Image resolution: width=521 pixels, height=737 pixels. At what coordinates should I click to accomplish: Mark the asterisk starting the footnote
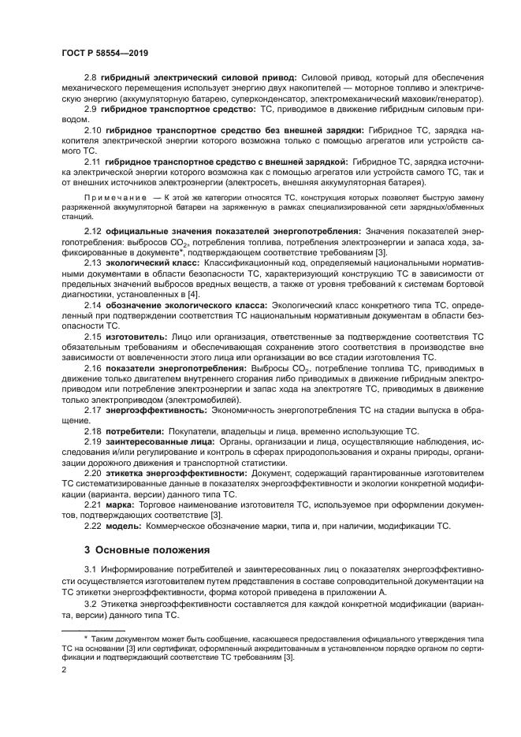[87, 635]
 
